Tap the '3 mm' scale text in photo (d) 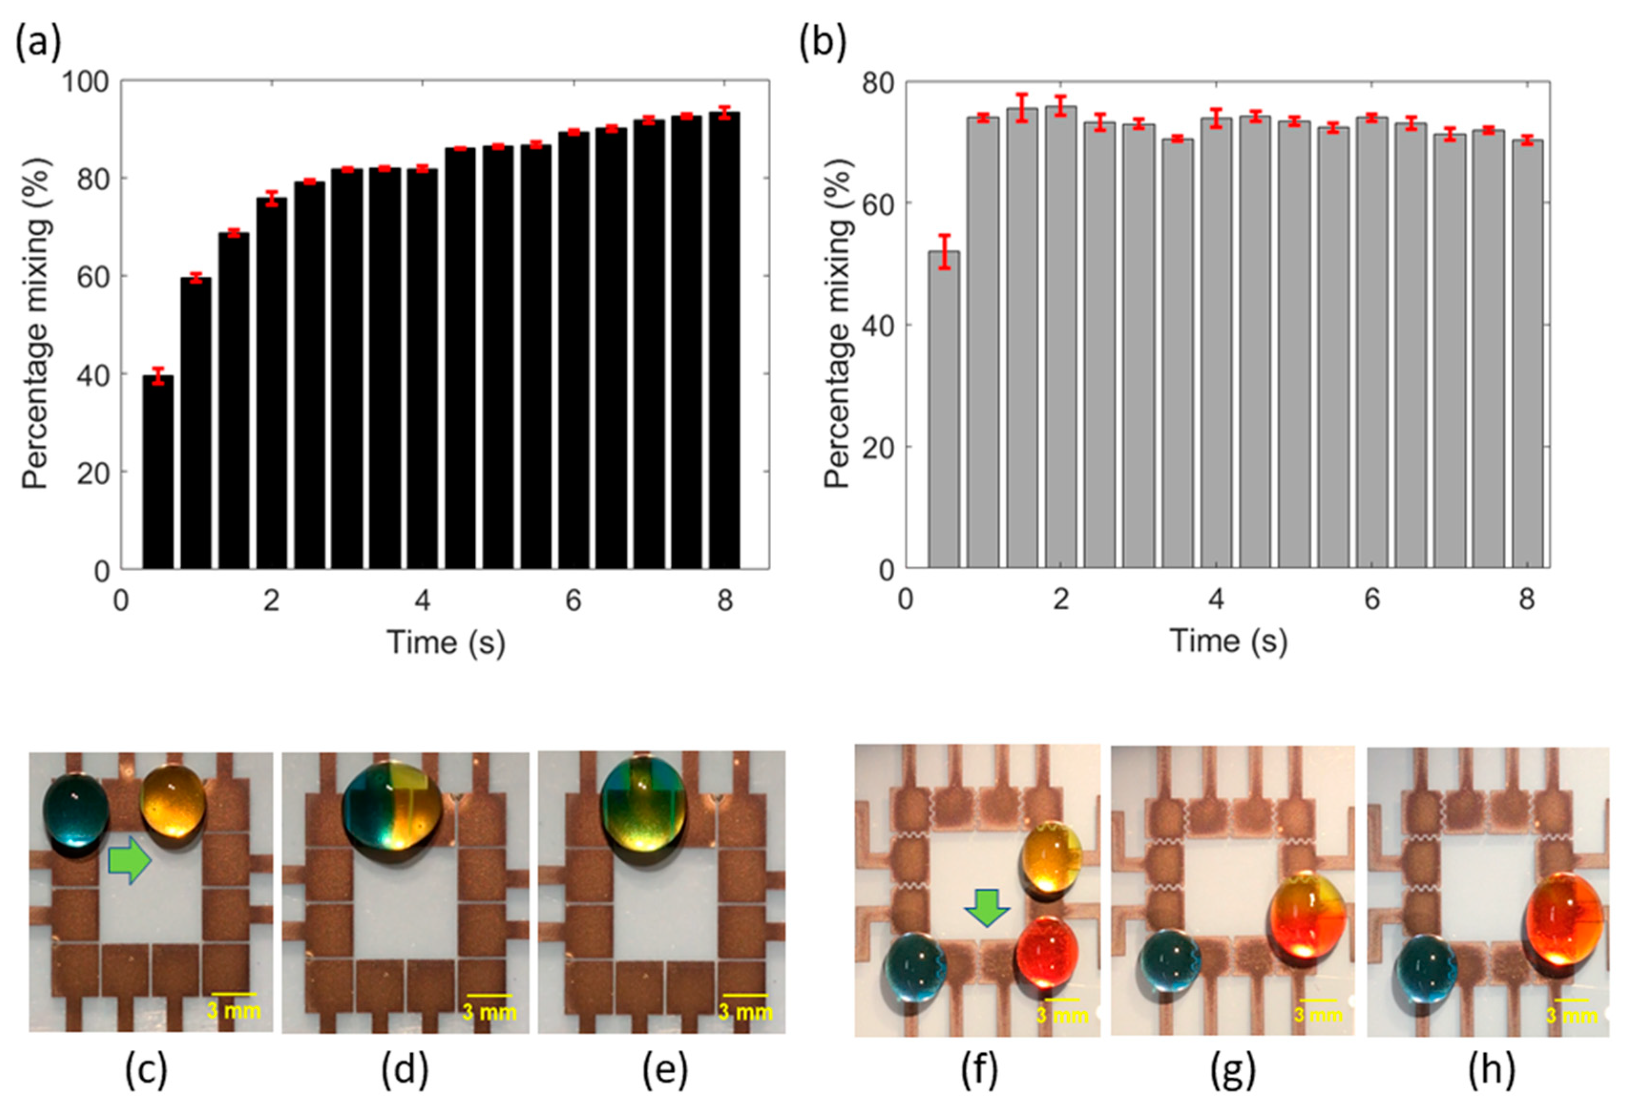[490, 1013]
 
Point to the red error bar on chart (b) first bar [944, 251]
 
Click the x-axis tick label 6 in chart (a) [573, 601]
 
